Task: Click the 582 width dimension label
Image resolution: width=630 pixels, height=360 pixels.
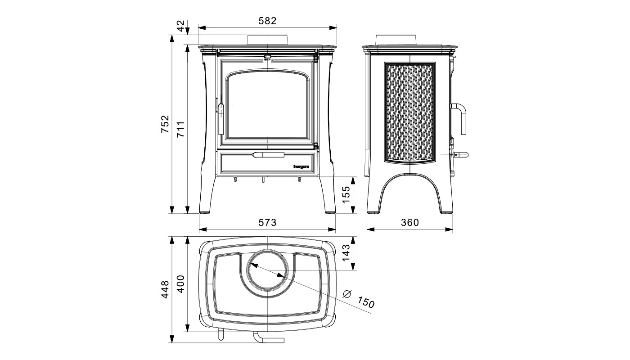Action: click(267, 21)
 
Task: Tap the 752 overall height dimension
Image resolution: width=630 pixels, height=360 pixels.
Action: click(165, 124)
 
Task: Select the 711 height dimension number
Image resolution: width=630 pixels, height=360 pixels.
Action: click(180, 130)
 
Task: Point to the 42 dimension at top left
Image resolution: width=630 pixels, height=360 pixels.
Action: click(181, 26)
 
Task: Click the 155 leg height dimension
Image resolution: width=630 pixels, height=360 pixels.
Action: click(346, 194)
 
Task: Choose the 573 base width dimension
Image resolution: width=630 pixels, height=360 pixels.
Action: click(267, 222)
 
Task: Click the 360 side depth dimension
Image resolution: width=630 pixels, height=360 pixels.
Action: click(410, 222)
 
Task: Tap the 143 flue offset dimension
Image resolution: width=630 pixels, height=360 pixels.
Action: click(346, 252)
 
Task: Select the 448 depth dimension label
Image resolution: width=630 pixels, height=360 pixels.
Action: click(165, 289)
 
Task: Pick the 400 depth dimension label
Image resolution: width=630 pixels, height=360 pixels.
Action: click(180, 284)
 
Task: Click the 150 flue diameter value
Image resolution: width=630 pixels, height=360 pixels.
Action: click(366, 302)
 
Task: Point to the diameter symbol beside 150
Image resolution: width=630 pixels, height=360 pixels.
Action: click(347, 294)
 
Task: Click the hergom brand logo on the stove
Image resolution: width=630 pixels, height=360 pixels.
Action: click(301, 167)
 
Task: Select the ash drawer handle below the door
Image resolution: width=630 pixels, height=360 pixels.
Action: click(269, 155)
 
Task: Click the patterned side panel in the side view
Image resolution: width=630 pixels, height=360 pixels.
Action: click(410, 113)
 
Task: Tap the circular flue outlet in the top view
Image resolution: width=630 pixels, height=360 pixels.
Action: click(267, 270)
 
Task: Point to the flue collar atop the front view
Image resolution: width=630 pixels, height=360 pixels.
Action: click(267, 40)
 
